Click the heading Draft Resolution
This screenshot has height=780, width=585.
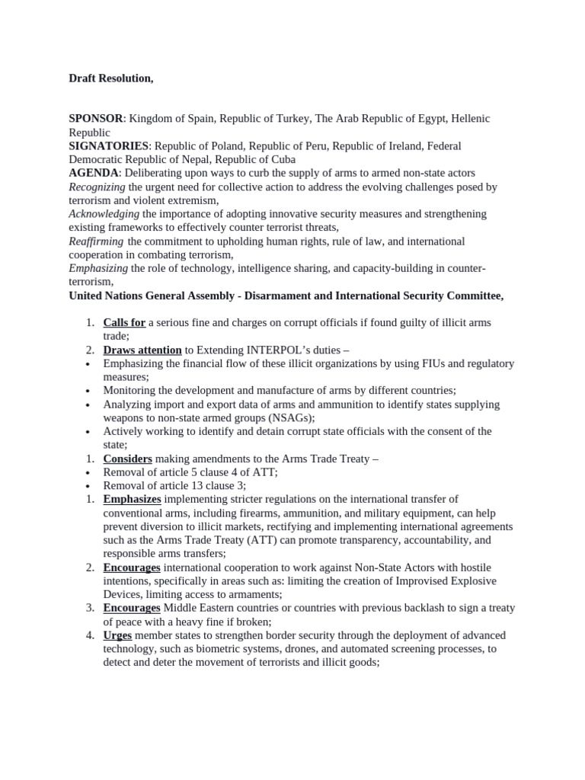coord(105,78)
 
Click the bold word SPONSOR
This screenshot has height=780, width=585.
coord(97,119)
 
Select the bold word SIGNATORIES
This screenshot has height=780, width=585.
coord(109,146)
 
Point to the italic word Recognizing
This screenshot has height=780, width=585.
coord(97,187)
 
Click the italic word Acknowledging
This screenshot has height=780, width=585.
coord(104,214)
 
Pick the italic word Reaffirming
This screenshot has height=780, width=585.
coord(98,241)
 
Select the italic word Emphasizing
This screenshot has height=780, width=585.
coord(98,269)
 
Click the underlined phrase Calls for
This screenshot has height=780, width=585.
coord(124,323)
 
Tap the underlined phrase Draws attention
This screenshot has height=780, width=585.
coord(142,350)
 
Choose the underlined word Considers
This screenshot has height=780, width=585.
coord(127,459)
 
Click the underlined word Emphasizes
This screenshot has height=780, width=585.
coord(132,500)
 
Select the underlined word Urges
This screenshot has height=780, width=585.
coord(117,635)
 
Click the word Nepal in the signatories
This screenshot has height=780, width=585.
coord(197,160)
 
